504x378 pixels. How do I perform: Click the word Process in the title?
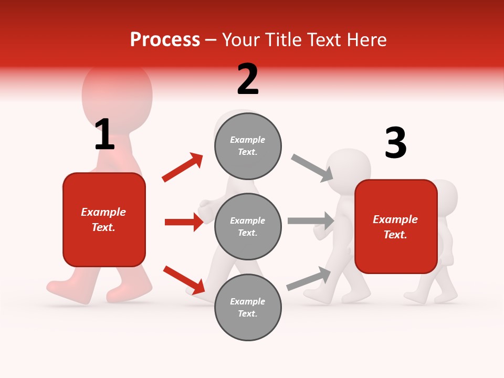[x=165, y=39]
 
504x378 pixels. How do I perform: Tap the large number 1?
[x=104, y=134]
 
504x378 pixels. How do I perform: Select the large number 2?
[x=248, y=79]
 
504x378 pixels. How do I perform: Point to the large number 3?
[x=395, y=143]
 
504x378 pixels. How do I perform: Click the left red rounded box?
[x=104, y=219]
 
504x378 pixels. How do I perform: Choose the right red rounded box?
[x=396, y=226]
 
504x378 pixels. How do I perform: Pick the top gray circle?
[x=248, y=146]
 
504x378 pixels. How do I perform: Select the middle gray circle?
[x=248, y=226]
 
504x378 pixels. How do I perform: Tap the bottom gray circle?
[x=248, y=307]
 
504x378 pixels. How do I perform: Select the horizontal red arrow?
[x=184, y=222]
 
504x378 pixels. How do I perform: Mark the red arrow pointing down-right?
[x=184, y=280]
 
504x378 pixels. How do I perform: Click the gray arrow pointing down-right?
[x=312, y=168]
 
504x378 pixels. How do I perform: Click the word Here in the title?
[x=367, y=39]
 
